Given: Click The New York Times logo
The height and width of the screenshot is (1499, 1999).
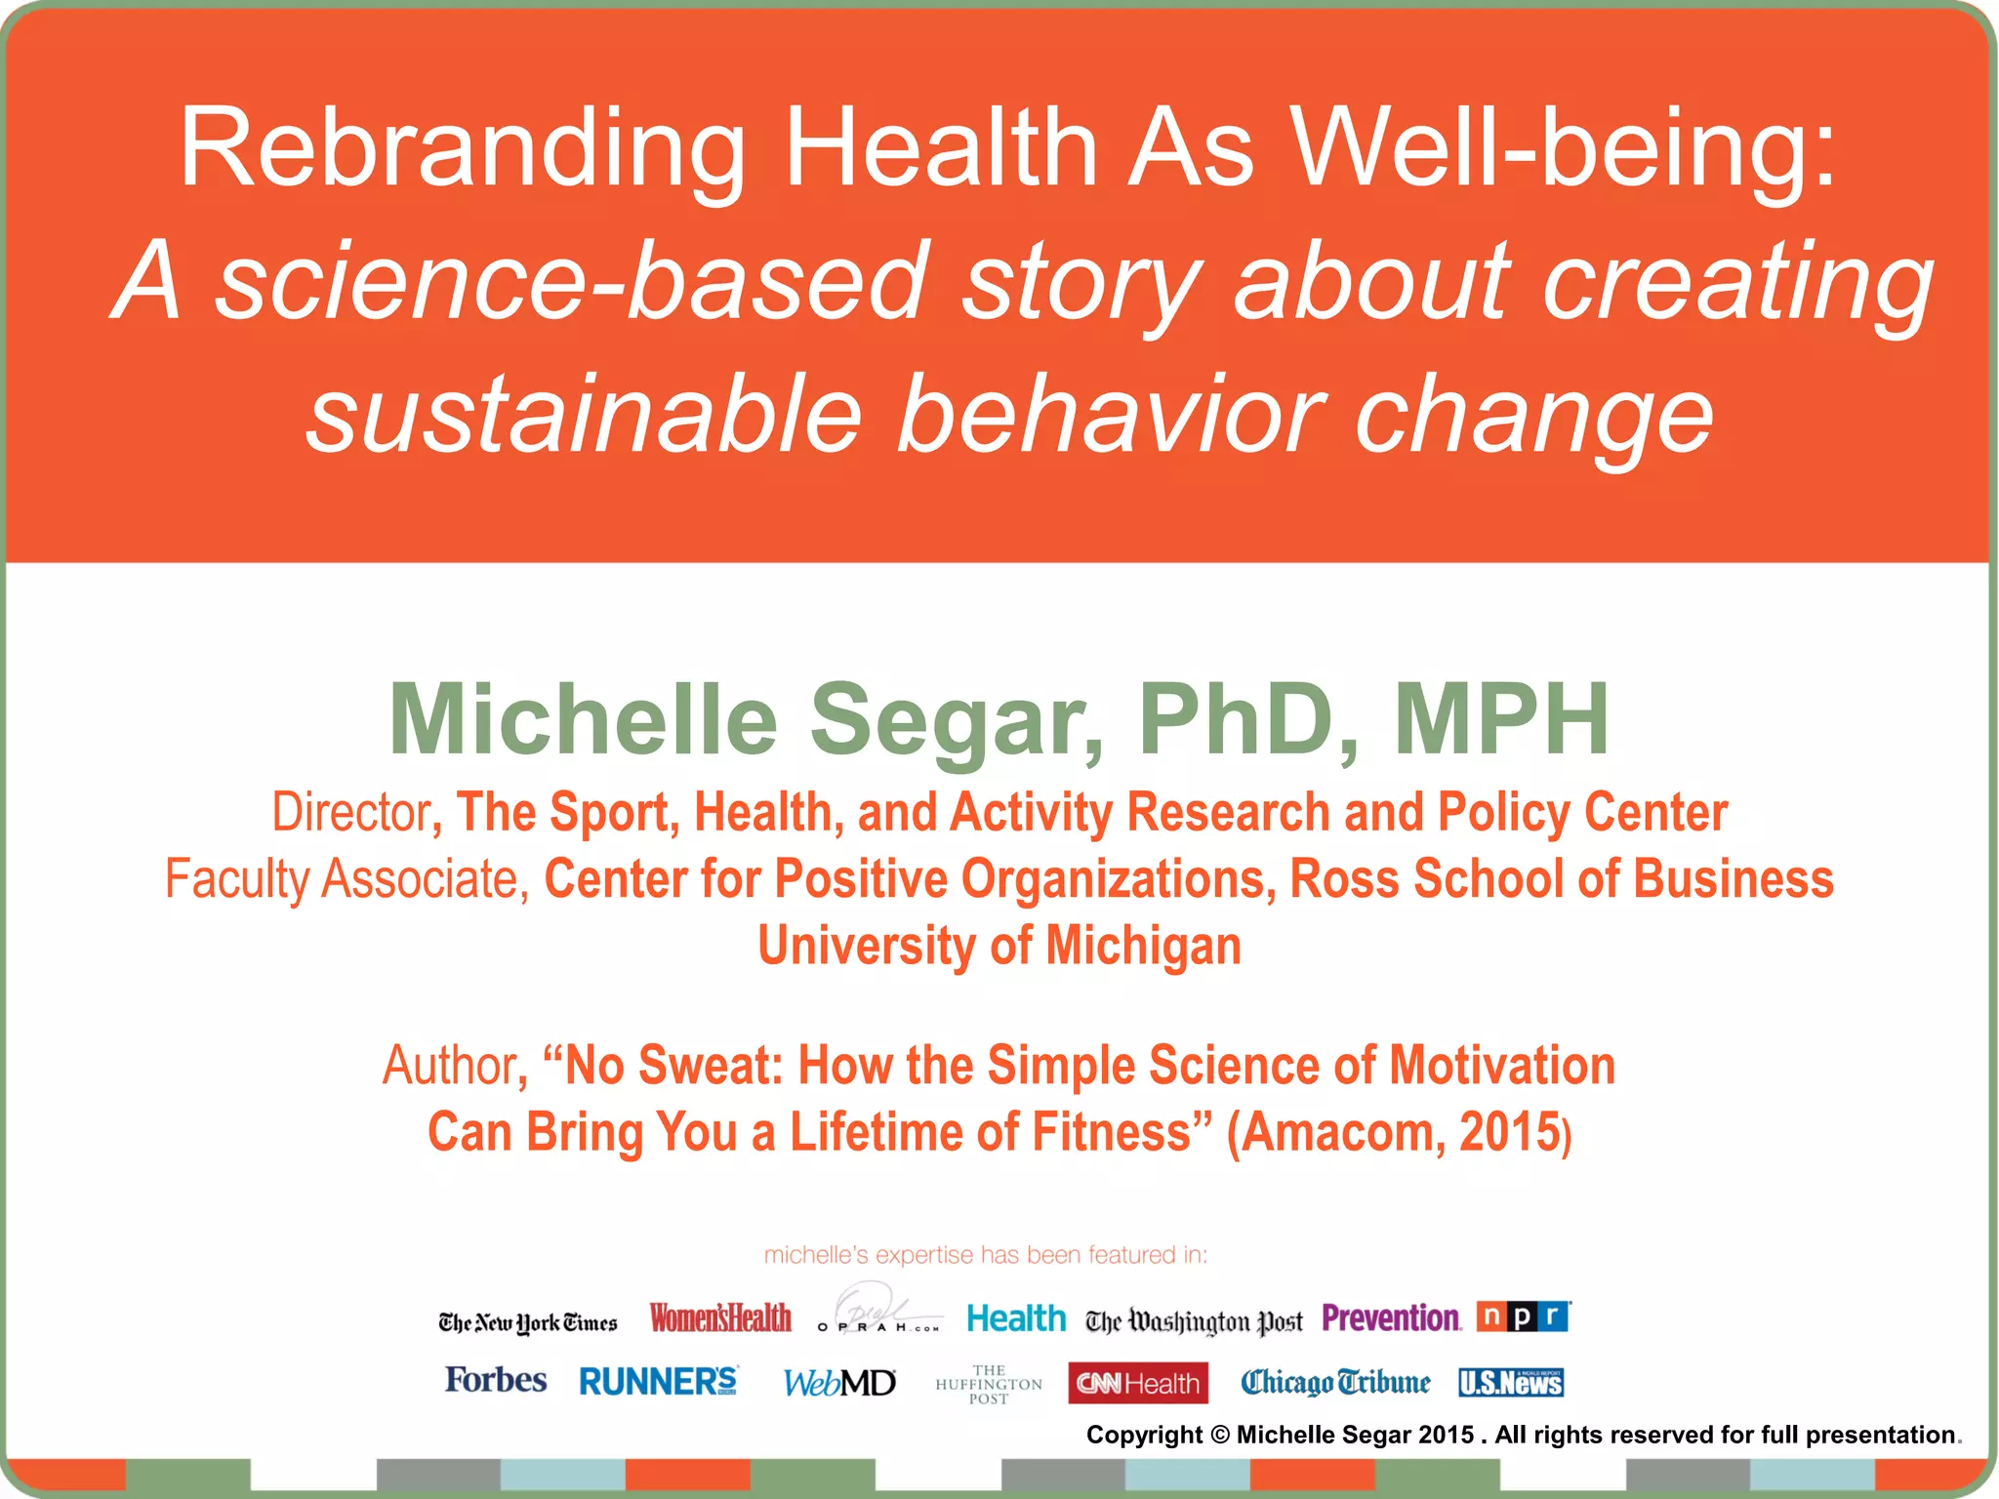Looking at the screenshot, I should [x=528, y=1323].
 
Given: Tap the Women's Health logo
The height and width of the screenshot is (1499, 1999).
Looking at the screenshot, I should [x=720, y=1318].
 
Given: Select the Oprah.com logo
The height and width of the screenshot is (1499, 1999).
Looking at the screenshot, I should [x=878, y=1311].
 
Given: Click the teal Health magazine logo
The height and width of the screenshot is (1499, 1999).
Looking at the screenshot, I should [x=1016, y=1318].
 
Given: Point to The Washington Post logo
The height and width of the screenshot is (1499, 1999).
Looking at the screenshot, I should [x=1194, y=1322].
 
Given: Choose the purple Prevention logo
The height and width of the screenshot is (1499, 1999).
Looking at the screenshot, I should [x=1392, y=1318].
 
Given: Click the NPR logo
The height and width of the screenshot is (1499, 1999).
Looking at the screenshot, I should [x=1523, y=1317].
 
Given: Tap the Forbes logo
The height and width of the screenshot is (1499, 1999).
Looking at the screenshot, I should [x=496, y=1380].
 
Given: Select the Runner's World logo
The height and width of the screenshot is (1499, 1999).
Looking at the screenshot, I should [x=659, y=1382].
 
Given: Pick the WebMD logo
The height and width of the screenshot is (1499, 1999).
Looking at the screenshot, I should [x=839, y=1383].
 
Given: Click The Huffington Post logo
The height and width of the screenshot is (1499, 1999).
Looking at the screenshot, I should [x=989, y=1384].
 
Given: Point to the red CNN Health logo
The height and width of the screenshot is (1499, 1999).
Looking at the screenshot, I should [x=1138, y=1383].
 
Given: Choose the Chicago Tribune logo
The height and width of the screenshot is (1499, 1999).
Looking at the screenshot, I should [x=1335, y=1383].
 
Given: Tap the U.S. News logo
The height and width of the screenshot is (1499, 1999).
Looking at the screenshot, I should [x=1511, y=1383].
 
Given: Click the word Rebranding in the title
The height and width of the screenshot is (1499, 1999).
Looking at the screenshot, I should [x=462, y=148].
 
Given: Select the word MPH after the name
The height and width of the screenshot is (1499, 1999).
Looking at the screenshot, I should [x=1501, y=719].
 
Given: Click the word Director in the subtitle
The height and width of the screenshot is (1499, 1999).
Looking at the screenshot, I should [x=350, y=812].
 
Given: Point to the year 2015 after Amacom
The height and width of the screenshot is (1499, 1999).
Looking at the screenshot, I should [x=1509, y=1132].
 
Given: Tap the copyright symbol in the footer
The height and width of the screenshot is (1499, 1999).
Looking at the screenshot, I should [x=1219, y=1435].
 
